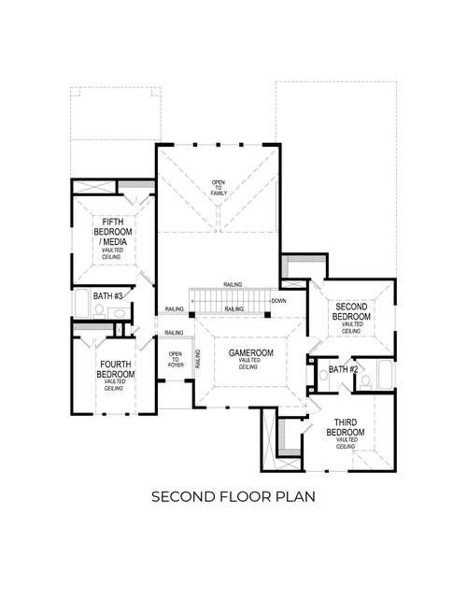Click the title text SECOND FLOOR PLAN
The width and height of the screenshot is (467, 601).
pyautogui.click(x=233, y=496)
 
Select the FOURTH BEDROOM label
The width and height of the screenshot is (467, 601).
pyautogui.click(x=115, y=368)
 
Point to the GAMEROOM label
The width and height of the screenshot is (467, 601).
pyautogui.click(x=249, y=355)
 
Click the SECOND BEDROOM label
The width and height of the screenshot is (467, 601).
pyautogui.click(x=351, y=311)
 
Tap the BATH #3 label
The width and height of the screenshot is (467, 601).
pyautogui.click(x=108, y=295)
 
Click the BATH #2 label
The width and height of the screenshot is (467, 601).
pyautogui.click(x=342, y=371)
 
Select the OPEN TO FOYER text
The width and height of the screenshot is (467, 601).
pyautogui.click(x=175, y=360)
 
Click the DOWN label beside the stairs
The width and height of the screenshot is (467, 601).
pyautogui.click(x=278, y=301)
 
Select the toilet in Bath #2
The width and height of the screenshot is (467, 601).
pyautogui.click(x=365, y=382)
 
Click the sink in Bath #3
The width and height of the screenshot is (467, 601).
pyautogui.click(x=118, y=309)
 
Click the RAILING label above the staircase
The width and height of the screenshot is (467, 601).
pyautogui.click(x=233, y=284)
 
